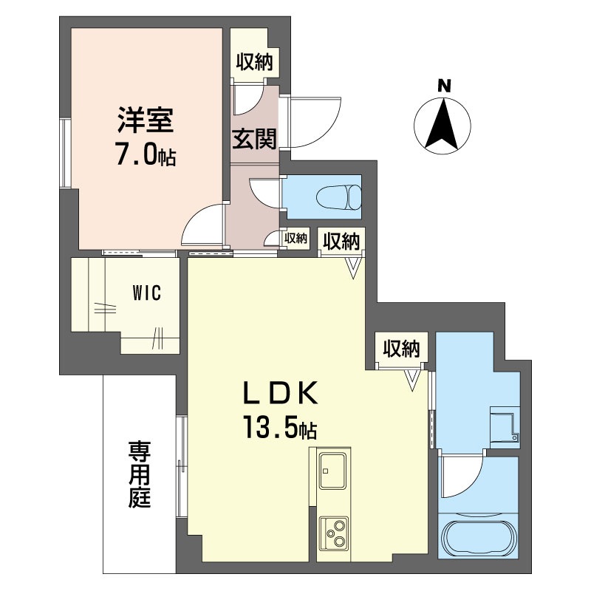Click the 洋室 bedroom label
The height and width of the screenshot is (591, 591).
pyautogui.click(x=146, y=120)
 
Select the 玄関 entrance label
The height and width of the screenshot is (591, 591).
pyautogui.click(x=254, y=139)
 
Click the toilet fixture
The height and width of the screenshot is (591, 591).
pyautogui.click(x=339, y=197)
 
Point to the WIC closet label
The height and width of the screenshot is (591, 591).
pyautogui.click(x=146, y=293)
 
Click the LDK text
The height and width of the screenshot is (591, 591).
pyautogui.click(x=280, y=393)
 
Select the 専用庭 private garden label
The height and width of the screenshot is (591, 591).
pyautogui.click(x=140, y=474)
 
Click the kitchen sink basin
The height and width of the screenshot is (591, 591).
pyautogui.click(x=333, y=471)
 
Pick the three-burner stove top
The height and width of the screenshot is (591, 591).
pyautogui.click(x=334, y=533)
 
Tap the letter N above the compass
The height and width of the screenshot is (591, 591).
pyautogui.click(x=444, y=86)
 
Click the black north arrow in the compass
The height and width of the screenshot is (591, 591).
pyautogui.click(x=442, y=123)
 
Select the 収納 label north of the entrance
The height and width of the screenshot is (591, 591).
pyautogui.click(x=254, y=62)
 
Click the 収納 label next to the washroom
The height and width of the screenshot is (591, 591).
pyautogui.click(x=402, y=349)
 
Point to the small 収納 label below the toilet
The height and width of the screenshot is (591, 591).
pyautogui.click(x=296, y=238)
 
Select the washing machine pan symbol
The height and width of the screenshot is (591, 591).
pyautogui.click(x=505, y=428)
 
